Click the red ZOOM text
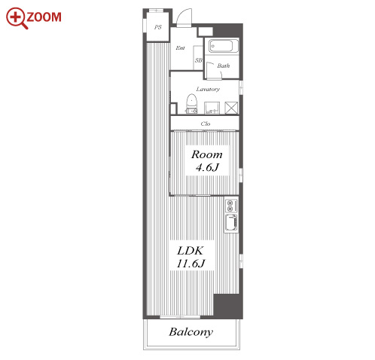point(44,17)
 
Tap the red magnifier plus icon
point(16,17)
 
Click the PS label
point(158,27)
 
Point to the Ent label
point(180,47)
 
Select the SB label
point(199,60)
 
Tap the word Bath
point(224,66)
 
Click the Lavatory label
point(208,89)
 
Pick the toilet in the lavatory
point(192,104)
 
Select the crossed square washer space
point(231,108)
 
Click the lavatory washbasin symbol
point(212,108)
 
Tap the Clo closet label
point(206,124)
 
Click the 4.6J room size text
point(207,167)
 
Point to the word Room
point(207,154)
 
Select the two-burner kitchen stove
point(231,206)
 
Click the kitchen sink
point(231,222)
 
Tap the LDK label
point(191,251)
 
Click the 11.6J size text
point(191,264)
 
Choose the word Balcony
point(191,332)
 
